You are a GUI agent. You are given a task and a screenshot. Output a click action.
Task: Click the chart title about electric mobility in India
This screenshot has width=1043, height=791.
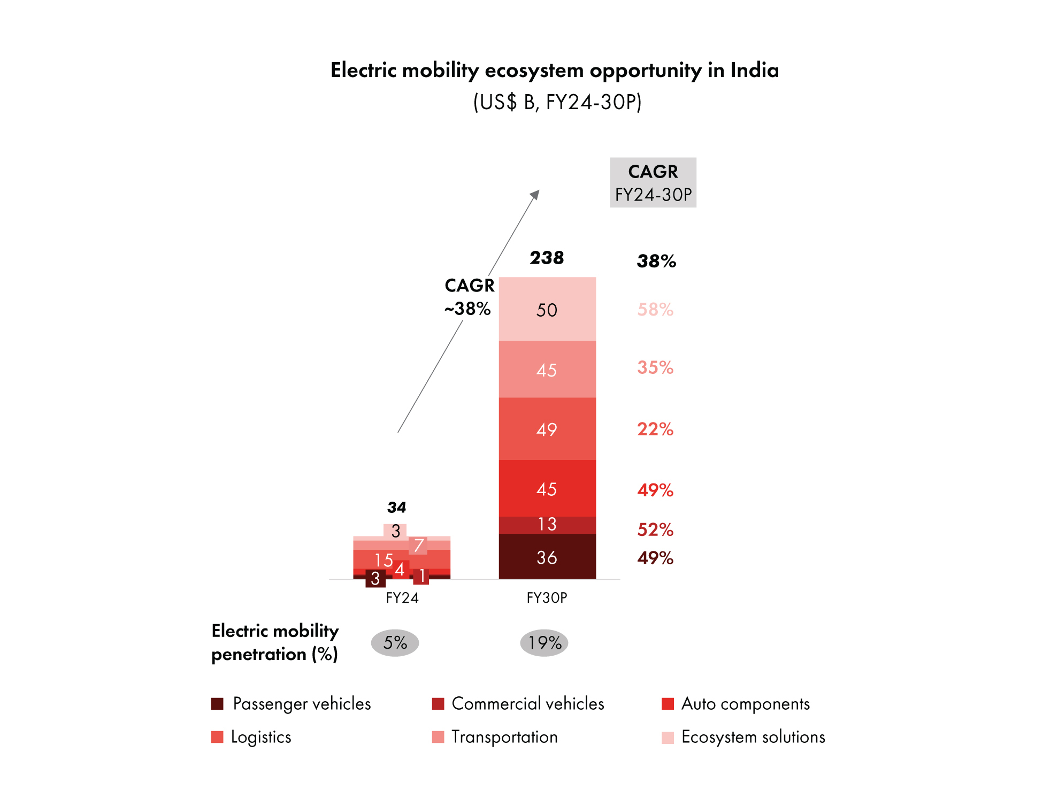tap(554, 71)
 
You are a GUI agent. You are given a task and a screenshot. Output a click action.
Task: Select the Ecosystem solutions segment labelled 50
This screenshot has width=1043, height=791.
tap(547, 310)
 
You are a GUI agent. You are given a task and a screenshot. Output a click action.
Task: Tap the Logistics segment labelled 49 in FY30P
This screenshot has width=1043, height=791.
tap(547, 429)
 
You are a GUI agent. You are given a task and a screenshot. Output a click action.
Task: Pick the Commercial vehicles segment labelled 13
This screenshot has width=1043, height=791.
tap(547, 524)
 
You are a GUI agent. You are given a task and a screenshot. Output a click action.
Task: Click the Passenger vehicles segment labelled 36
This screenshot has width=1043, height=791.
tap(547, 557)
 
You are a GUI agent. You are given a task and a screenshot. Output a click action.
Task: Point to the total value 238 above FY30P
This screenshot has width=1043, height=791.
tap(547, 258)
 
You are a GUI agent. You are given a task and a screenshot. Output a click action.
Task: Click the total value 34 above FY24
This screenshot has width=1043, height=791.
tap(396, 507)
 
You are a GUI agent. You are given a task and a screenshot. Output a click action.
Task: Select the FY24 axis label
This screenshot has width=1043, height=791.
tap(402, 597)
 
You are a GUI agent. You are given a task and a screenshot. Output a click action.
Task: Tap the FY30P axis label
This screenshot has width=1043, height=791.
tap(547, 597)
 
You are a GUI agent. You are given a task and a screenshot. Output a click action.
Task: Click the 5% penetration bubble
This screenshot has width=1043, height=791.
tap(395, 642)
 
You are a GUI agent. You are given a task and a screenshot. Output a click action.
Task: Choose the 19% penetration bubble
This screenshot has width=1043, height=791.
tap(544, 642)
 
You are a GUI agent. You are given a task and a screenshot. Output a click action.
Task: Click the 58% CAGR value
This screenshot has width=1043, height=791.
tap(655, 309)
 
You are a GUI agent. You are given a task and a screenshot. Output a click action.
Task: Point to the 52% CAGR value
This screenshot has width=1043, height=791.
tap(655, 529)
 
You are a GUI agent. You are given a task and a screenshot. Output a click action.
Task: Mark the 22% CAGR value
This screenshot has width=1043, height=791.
tap(655, 429)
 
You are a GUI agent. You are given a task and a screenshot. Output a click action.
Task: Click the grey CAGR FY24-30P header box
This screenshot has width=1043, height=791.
tap(653, 182)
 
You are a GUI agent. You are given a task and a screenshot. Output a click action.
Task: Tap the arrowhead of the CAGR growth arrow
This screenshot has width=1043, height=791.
tap(535, 194)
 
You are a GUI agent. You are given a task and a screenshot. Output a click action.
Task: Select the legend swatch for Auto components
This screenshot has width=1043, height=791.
tap(668, 704)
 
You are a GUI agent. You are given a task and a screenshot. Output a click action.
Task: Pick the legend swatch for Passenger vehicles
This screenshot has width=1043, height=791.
tap(217, 704)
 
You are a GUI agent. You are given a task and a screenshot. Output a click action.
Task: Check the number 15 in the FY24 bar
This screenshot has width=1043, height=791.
tap(384, 560)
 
